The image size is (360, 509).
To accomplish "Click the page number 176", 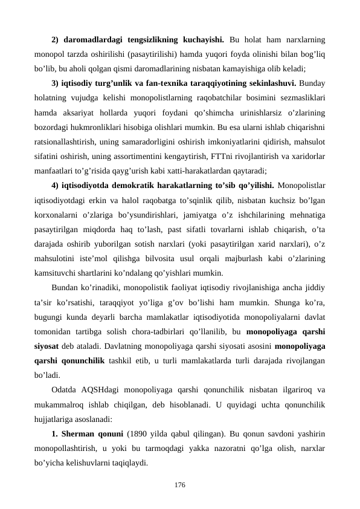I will (179, 485).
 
